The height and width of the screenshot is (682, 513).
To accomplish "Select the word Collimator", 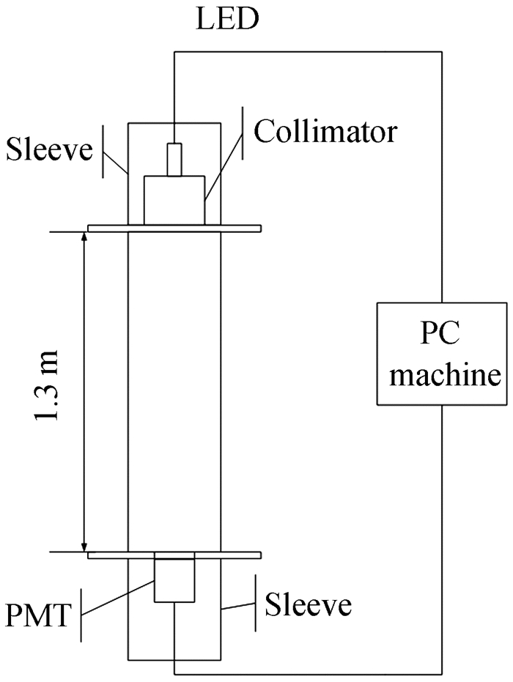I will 325,132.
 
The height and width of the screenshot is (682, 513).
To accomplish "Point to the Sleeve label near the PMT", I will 309,606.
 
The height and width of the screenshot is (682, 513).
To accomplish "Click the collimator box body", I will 174,200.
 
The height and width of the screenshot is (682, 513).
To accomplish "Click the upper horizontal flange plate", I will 174,229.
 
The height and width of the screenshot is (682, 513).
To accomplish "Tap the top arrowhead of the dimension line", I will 85,237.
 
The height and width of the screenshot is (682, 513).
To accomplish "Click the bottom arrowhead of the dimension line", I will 85,546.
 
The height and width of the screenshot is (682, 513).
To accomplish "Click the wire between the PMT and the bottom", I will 174,637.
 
